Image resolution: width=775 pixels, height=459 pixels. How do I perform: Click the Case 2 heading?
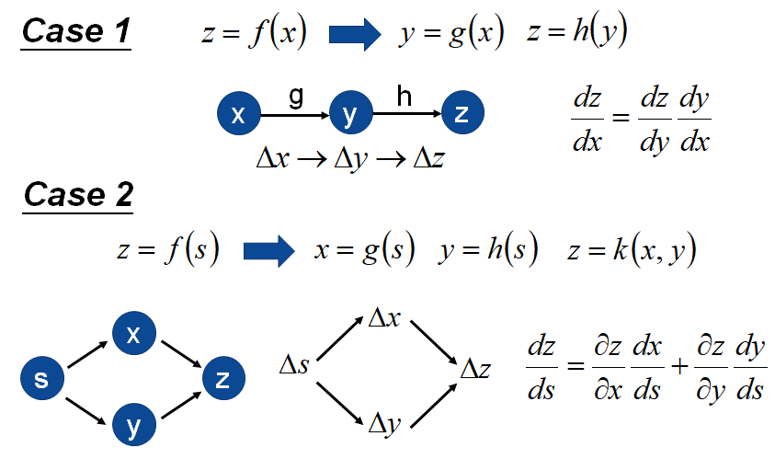tap(78, 194)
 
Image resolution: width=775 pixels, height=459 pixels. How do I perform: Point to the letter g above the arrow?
tap(295, 97)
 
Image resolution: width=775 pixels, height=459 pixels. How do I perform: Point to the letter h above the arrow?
tap(405, 95)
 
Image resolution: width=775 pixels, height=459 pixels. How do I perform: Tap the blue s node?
tap(41, 379)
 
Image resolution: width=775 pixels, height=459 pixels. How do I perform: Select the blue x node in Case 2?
tap(133, 335)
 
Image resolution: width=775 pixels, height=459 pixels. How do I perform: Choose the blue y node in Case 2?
tap(133, 426)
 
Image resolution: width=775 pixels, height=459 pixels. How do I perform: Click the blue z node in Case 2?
tap(222, 379)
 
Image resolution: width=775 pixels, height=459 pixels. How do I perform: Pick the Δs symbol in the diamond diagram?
tap(293, 367)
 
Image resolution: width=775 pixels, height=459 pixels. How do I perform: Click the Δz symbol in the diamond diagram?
tap(475, 369)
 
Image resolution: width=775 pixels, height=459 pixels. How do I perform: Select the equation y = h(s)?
tap(487, 250)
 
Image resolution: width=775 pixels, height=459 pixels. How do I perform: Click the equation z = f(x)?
tap(253, 34)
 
